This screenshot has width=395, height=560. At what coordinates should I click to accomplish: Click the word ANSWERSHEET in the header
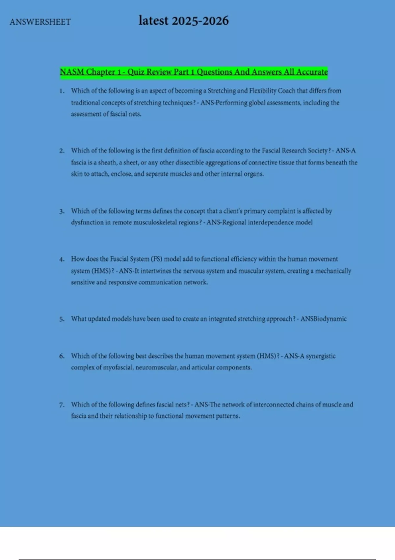40,22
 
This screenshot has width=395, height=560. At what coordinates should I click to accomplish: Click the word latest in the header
153,21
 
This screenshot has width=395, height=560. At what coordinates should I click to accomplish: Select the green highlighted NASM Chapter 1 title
194,72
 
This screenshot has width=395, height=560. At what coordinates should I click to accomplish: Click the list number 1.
62,91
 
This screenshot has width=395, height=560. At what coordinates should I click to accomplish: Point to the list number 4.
62,259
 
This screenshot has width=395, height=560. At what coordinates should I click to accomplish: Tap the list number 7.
62,405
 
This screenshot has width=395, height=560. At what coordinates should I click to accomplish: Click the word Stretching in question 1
222,91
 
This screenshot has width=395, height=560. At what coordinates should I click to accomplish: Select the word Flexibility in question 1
263,91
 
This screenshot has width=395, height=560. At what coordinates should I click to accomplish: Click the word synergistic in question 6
321,356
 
